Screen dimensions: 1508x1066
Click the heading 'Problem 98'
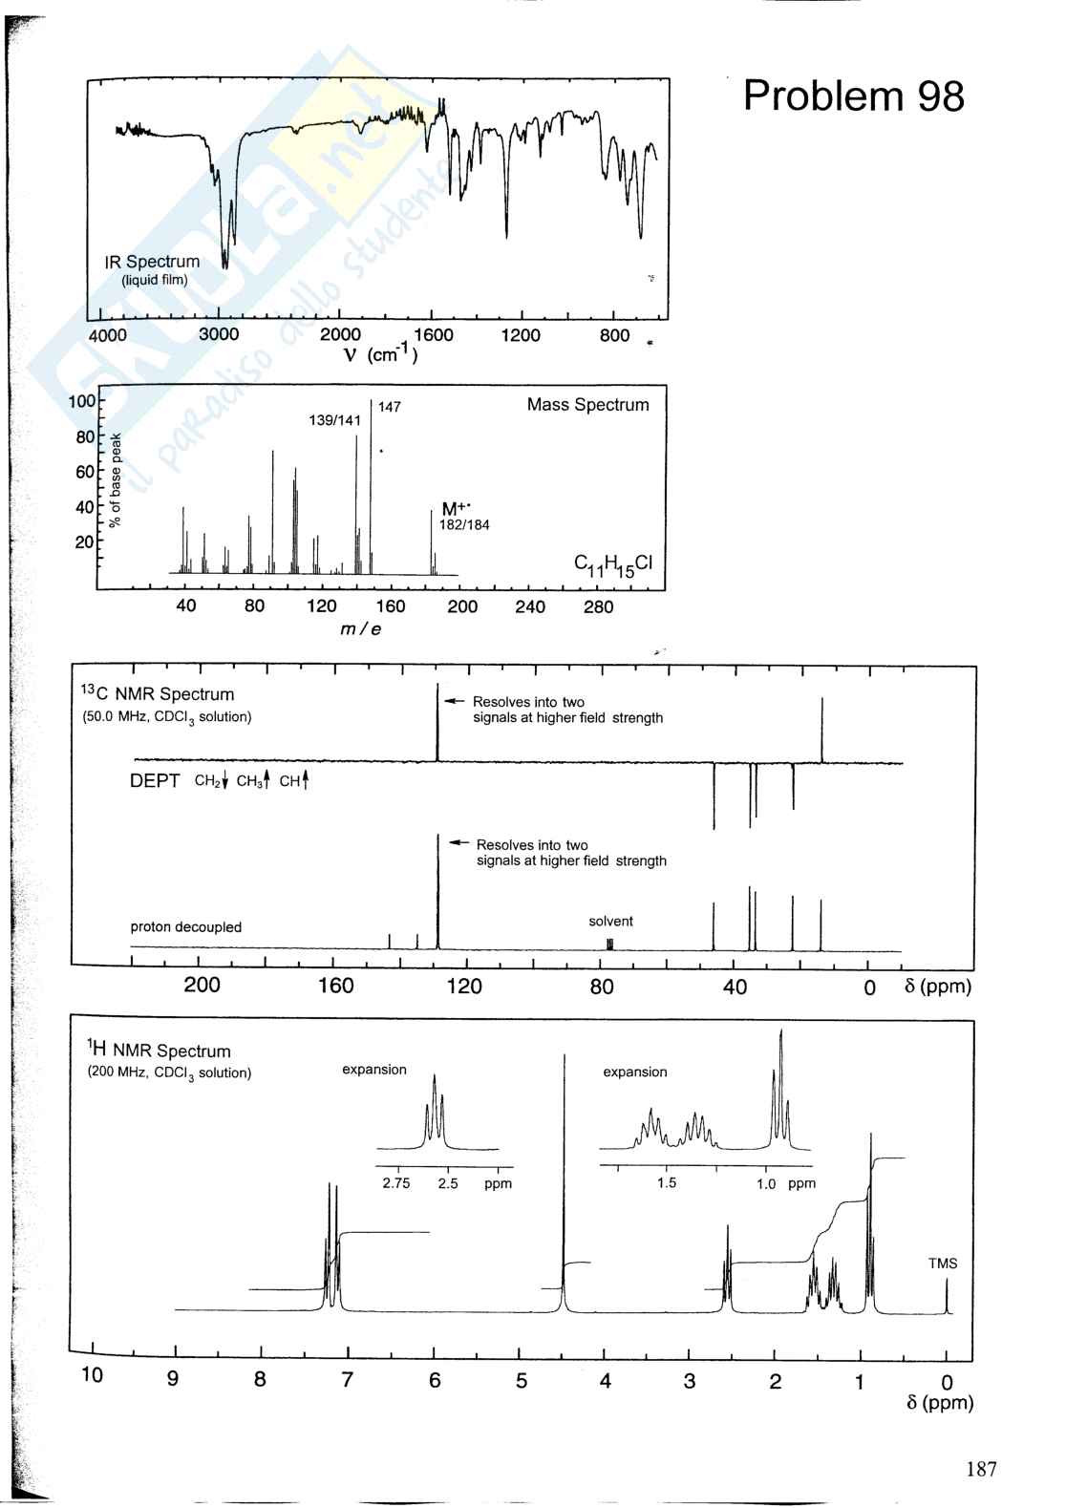(853, 96)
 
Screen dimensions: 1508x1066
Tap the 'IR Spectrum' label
(152, 262)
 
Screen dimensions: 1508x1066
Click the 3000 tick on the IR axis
(219, 335)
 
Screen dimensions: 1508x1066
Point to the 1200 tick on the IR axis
(521, 335)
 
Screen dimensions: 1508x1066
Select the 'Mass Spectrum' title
(587, 405)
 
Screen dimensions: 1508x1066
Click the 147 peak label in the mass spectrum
(390, 408)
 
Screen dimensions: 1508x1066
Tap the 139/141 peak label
(334, 420)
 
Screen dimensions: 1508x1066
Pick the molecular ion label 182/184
(464, 525)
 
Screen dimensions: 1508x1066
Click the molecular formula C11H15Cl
(612, 564)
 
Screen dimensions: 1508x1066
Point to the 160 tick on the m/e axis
(390, 606)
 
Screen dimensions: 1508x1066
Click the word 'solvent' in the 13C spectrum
(610, 922)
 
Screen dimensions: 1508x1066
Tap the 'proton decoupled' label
(186, 927)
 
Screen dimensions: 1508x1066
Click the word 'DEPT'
(155, 781)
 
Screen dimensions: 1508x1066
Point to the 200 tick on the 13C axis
(202, 986)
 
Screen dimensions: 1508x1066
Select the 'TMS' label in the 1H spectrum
(942, 1264)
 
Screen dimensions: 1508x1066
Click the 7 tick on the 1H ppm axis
(348, 1380)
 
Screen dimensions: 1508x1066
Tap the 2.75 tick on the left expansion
(395, 1183)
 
